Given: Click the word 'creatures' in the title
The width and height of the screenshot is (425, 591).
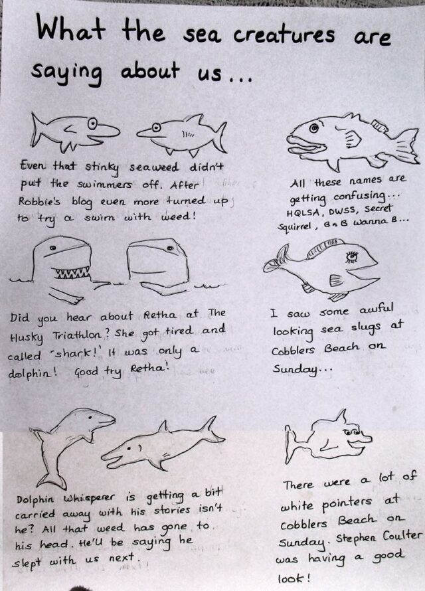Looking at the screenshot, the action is [284, 35].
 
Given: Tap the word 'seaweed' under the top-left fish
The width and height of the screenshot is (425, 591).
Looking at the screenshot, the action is [154, 167].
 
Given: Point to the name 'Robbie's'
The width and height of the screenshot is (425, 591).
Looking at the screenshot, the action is [39, 201].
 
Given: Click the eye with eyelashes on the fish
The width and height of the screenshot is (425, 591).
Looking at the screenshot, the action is [352, 257].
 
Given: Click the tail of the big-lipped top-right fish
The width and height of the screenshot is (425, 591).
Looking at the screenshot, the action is [408, 146].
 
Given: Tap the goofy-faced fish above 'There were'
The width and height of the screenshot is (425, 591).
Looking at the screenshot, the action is [328, 438].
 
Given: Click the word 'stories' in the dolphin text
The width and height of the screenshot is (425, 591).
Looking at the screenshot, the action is [172, 511].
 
